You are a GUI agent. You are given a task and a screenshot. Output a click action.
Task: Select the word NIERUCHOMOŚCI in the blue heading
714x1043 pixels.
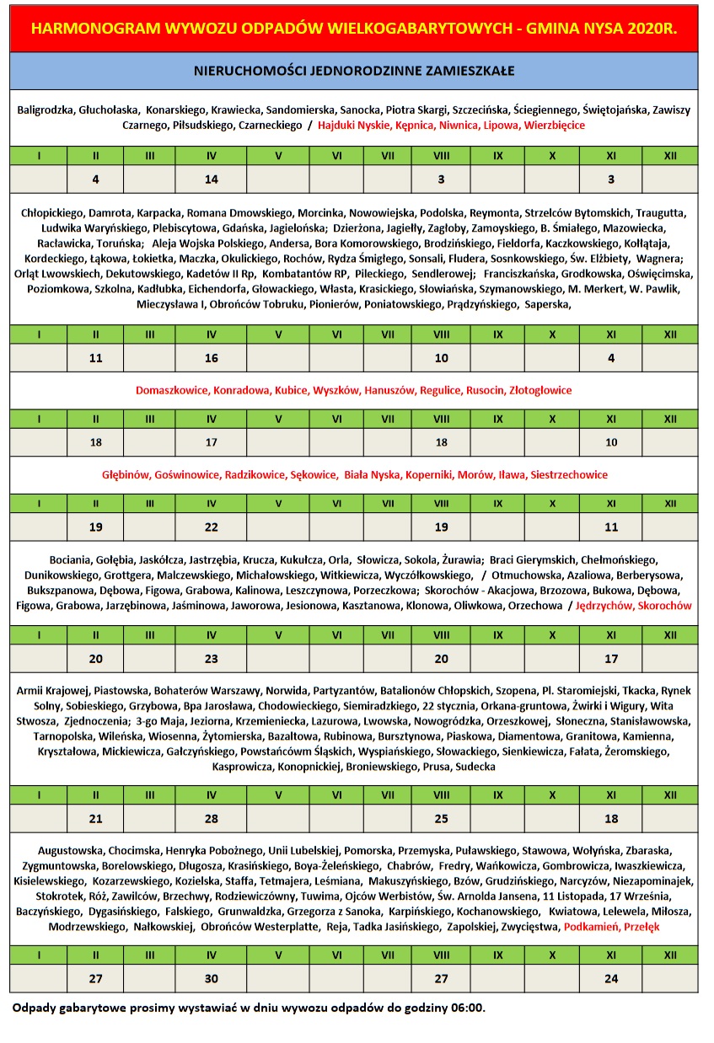[x=253, y=71]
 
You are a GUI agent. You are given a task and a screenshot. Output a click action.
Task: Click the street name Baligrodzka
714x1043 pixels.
[x=46, y=110]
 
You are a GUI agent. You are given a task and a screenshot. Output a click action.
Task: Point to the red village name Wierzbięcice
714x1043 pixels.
[x=555, y=125]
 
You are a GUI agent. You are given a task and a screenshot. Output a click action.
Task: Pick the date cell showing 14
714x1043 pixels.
[x=212, y=179]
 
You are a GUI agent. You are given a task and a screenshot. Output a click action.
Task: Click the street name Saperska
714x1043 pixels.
[x=548, y=305]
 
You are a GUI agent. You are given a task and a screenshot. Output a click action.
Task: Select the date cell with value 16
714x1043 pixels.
[x=212, y=358]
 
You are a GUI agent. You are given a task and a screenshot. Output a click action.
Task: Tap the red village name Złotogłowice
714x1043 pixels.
[x=540, y=390]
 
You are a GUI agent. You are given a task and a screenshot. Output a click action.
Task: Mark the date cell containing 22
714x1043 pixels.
[x=212, y=527]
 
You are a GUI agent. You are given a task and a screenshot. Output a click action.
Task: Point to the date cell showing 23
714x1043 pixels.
[x=212, y=659]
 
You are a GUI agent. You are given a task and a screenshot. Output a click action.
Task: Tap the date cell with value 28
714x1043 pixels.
[x=212, y=818]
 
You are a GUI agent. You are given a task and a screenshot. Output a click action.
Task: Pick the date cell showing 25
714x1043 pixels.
[x=441, y=818]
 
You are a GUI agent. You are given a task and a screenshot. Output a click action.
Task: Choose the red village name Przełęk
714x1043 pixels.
[x=642, y=926]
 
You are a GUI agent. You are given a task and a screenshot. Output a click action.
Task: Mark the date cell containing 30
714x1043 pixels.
[x=212, y=978]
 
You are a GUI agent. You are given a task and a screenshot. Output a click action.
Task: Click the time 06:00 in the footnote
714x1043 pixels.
[x=467, y=1008]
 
